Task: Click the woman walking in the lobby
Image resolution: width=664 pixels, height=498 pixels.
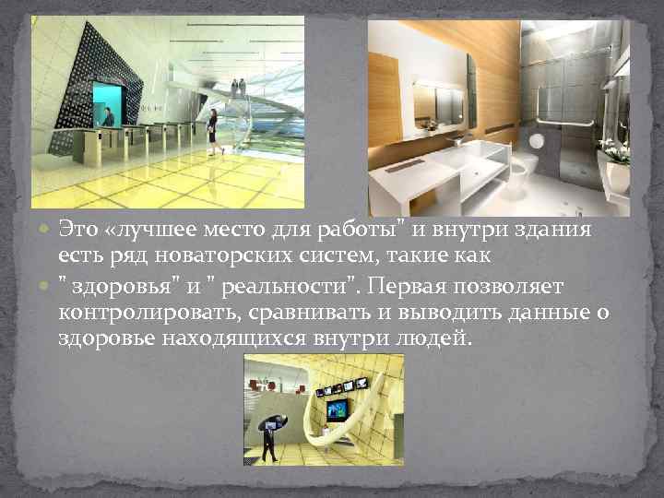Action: coord(212,128)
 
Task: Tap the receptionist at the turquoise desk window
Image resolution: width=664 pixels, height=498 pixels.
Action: coord(108,117)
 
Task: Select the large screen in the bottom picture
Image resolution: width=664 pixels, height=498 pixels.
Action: coord(337,409)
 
